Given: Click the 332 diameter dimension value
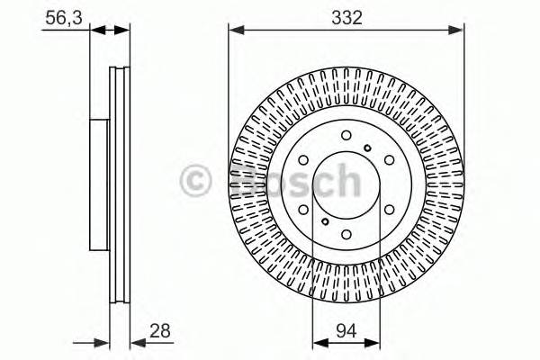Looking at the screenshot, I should coord(346,15).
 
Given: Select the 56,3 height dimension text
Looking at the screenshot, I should coord(60,15).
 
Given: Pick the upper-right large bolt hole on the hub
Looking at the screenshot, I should coord(389,159).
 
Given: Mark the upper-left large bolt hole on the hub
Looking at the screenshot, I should coord(304,159).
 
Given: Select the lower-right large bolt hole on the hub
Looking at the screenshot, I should coord(389,208).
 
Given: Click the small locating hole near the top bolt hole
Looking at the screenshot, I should coord(367,148).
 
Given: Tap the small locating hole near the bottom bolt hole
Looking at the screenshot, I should coord(326,220).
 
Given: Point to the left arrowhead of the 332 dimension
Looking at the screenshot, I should coord(234,30).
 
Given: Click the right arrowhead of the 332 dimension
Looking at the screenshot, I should coord(460,30).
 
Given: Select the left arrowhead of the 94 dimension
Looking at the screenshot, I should coord(317,342).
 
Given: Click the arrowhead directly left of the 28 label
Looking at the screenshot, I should coord(136,342).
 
